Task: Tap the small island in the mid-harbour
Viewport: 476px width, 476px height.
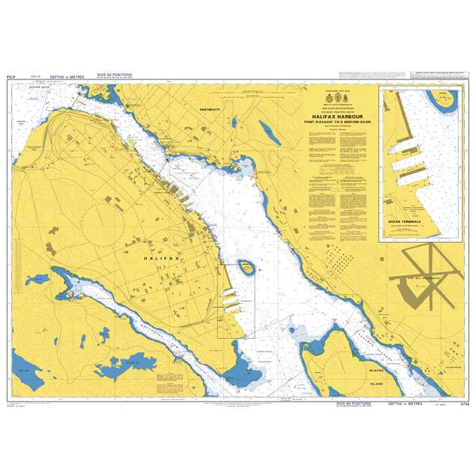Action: (x=247, y=267)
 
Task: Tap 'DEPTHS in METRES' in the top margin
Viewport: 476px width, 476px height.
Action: (x=67, y=77)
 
